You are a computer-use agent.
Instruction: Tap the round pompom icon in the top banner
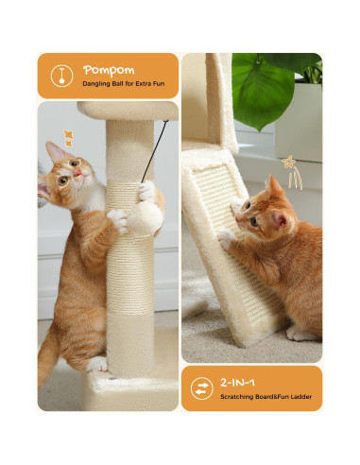coord(60,76)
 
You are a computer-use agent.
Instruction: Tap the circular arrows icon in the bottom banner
coord(201,387)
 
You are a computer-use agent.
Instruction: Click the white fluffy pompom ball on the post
coord(144,218)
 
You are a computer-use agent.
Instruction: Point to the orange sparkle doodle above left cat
coord(68,138)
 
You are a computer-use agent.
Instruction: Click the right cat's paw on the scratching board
coord(226,238)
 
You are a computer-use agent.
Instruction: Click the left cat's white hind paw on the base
coord(97,364)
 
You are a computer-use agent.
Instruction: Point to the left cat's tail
coord(47,354)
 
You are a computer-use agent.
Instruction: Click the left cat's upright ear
coord(55,150)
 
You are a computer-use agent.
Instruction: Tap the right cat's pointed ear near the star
coord(275,184)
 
